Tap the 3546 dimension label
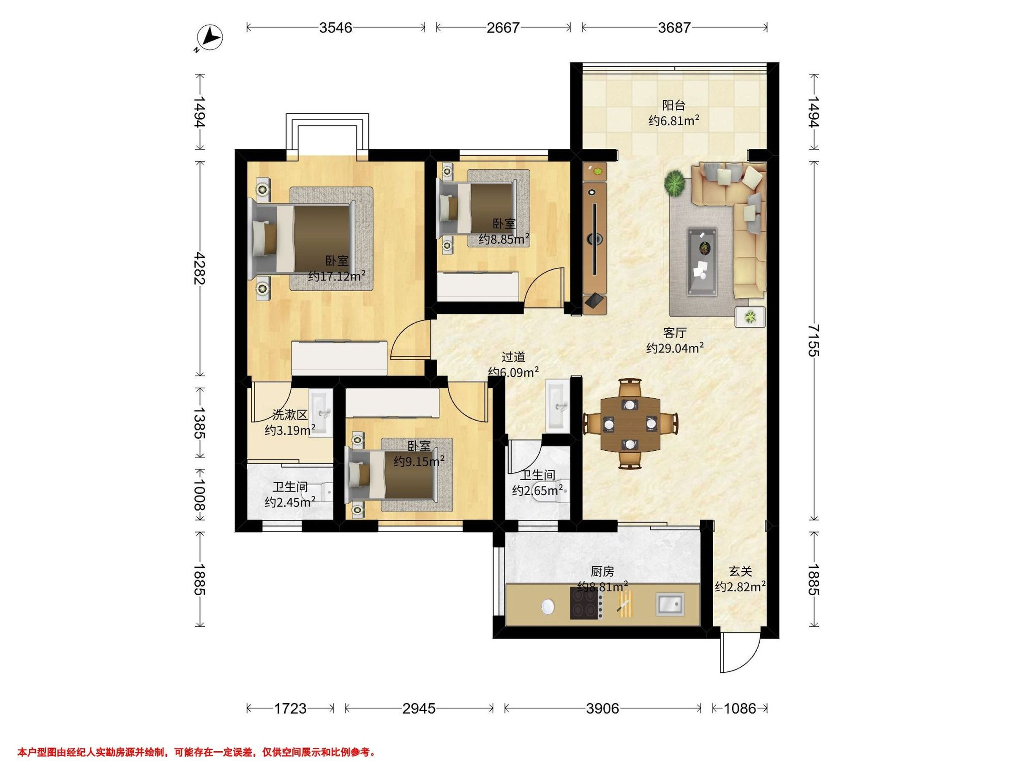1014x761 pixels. pos(336,28)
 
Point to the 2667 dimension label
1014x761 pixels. pos(503,28)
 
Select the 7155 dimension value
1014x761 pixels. pos(813,340)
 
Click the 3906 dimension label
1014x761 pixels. pos(602,709)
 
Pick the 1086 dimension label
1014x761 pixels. pos(740,709)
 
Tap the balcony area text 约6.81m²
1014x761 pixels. pos(674,121)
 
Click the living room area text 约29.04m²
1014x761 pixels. pos(675,348)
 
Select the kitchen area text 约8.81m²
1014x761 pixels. pos(602,587)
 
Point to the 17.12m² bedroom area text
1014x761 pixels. pos(337,276)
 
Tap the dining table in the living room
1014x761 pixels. pos(630,424)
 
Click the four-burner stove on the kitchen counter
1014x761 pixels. pos(586,603)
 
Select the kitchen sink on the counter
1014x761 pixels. pos(671,603)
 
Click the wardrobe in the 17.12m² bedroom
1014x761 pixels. pos(339,358)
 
